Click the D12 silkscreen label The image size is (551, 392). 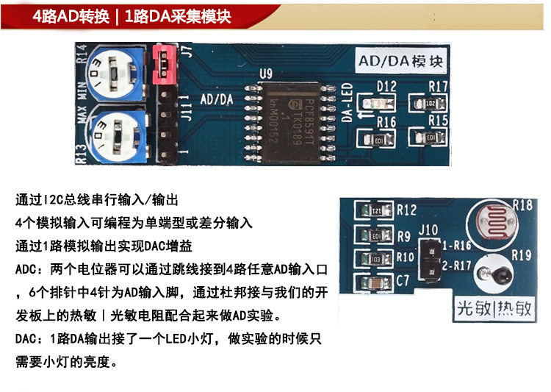click(x=386, y=87)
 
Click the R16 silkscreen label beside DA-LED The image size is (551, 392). click(x=386, y=121)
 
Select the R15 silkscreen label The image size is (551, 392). click(x=439, y=120)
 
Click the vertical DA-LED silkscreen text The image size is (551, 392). click(x=349, y=103)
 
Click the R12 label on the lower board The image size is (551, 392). click(x=406, y=210)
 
